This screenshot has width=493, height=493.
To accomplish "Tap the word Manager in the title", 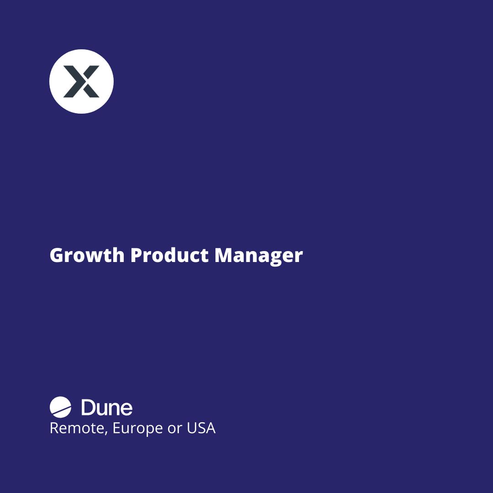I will [258, 255].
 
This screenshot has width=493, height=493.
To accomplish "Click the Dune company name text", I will [107, 408].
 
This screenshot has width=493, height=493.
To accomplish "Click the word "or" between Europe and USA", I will [175, 429].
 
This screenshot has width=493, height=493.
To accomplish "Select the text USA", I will [201, 428].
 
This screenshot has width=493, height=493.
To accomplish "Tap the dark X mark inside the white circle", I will [81, 81].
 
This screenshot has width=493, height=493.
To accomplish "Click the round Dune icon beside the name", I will [61, 408].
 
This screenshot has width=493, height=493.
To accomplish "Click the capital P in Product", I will [136, 255].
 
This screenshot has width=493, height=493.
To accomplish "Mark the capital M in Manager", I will [224, 255].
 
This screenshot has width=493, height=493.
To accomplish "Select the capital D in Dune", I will [88, 408].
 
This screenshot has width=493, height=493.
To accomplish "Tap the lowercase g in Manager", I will [276, 257].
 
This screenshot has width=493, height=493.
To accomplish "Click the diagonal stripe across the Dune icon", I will [61, 409].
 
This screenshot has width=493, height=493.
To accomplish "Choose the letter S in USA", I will [201, 428].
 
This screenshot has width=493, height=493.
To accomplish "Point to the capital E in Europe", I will [116, 428].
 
